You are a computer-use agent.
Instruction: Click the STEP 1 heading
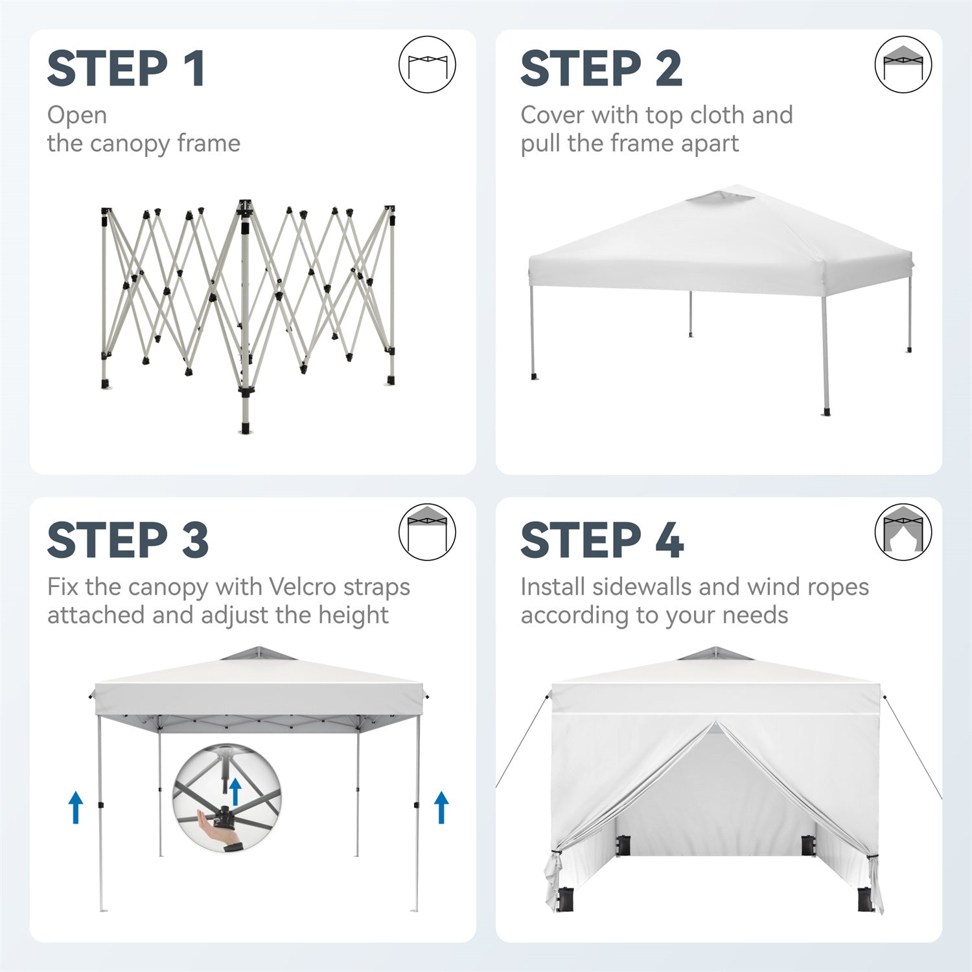point(126,69)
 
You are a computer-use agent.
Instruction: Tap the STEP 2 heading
point(601,69)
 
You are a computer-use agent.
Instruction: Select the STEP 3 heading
point(128,540)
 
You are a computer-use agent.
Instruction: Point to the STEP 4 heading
point(602,540)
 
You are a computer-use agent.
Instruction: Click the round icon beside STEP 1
point(427,65)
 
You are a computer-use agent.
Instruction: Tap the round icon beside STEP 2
point(903,65)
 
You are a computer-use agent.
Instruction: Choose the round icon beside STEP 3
point(427,533)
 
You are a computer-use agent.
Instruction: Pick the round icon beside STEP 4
point(903,533)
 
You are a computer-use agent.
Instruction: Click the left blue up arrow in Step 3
point(76,807)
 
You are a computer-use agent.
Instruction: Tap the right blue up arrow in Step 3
point(442,807)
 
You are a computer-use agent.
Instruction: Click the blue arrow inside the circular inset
point(235,792)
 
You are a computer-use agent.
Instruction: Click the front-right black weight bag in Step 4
point(865,898)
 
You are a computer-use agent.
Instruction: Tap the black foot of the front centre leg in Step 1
point(245,428)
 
